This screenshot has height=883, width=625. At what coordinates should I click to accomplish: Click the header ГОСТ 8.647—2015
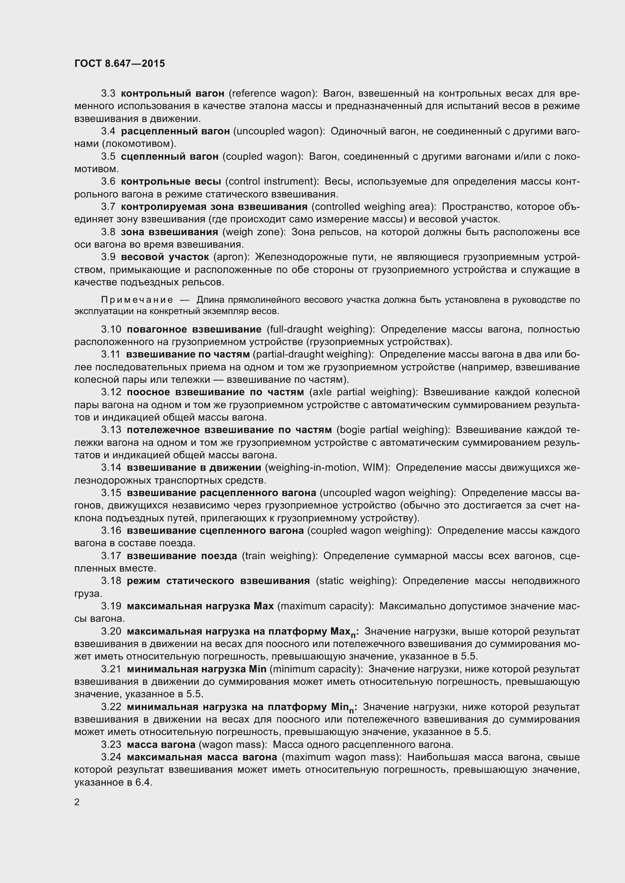(x=120, y=63)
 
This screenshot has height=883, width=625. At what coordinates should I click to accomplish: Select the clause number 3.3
(x=108, y=94)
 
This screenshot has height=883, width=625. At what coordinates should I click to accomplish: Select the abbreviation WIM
(x=376, y=467)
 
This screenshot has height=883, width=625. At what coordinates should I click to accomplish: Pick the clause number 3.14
(x=111, y=467)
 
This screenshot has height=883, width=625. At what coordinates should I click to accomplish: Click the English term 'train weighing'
(x=279, y=556)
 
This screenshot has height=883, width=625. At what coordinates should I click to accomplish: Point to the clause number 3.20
(x=111, y=632)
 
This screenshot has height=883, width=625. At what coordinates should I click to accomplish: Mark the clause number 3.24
(x=111, y=757)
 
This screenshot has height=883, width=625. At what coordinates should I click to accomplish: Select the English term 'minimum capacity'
(x=315, y=669)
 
